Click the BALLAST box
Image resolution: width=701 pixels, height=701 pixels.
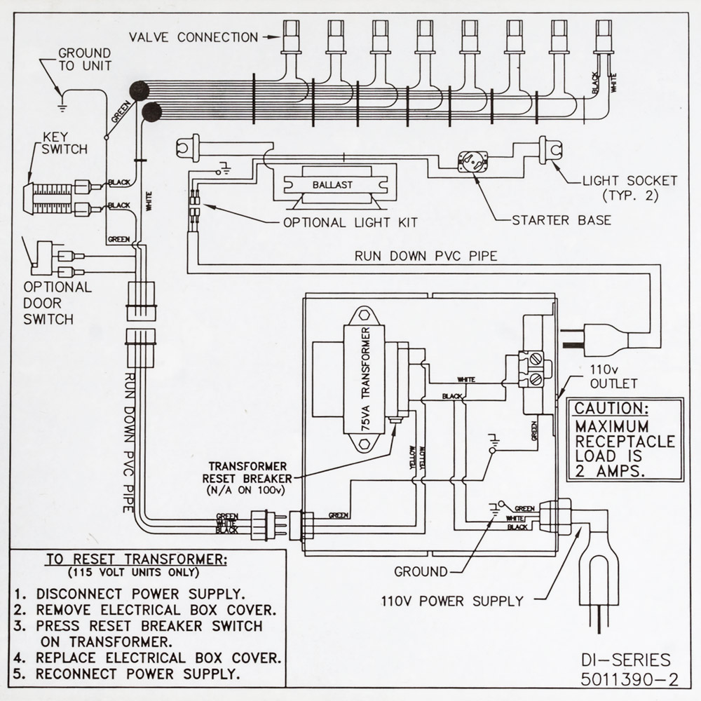(x=333, y=186)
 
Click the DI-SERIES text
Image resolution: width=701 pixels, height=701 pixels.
(x=625, y=660)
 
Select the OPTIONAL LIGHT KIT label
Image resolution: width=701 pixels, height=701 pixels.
(x=350, y=222)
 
